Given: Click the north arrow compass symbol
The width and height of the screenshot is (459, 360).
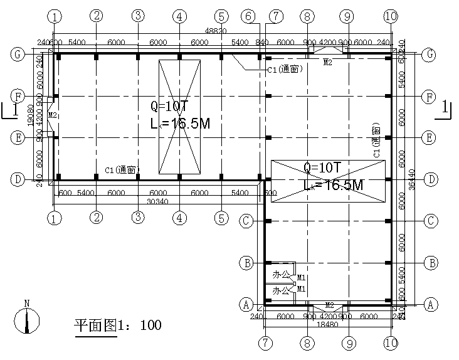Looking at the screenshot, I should pos(26,322).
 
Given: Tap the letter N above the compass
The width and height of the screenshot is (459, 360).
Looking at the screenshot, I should pos(26,304).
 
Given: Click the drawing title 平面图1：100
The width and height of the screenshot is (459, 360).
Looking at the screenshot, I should pos(118,325).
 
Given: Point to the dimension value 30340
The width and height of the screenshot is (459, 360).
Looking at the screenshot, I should pos(157,201).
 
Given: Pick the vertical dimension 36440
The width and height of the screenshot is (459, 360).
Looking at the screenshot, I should pos(411,179).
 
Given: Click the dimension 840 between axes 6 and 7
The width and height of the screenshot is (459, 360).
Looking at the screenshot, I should pos(262,42).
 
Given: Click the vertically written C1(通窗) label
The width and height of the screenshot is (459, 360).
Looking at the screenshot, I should pos(376,142).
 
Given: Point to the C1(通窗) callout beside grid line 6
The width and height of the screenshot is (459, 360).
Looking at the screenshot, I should pos(285,70).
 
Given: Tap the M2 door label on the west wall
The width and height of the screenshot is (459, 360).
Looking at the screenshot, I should pos(53,115).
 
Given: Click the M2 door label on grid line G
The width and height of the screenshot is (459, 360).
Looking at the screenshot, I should pos(328,62).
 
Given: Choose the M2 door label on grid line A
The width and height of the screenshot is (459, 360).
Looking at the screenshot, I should pos(328,305).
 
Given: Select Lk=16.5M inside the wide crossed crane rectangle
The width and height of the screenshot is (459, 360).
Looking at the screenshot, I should pos(333,185).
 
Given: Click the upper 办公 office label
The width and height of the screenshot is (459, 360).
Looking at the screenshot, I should pos(280,274).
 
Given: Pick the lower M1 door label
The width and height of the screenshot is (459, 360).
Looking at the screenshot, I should pos(301,289).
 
